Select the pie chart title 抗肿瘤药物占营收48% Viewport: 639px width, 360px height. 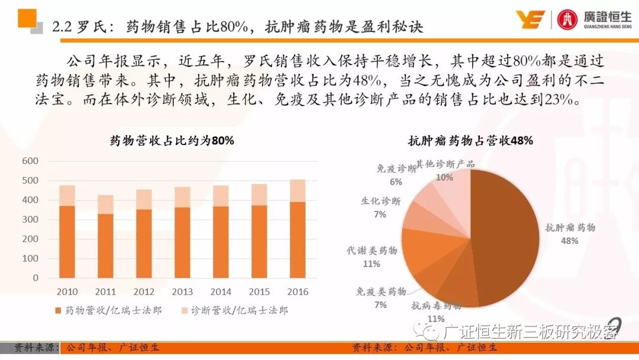[x=470, y=141]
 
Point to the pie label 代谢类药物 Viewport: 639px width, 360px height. [x=372, y=251]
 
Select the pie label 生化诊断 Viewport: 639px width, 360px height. [x=380, y=201]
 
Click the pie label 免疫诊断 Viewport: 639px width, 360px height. [x=396, y=169]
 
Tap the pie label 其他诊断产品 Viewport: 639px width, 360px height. [x=445, y=163]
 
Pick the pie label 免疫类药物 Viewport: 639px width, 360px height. [x=380, y=292]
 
